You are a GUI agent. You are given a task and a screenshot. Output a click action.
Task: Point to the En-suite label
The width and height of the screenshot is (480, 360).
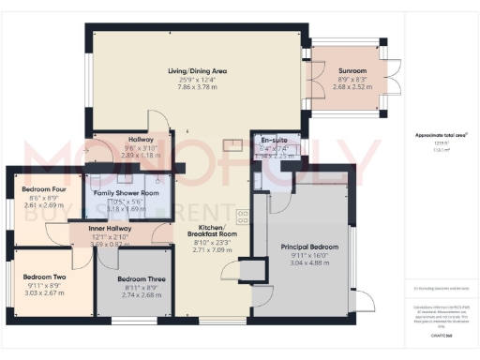tap(274, 139)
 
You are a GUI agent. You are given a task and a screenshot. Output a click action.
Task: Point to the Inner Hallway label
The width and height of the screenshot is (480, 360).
tap(109, 228)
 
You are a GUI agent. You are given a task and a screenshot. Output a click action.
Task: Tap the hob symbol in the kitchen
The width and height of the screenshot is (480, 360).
tap(242, 216)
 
